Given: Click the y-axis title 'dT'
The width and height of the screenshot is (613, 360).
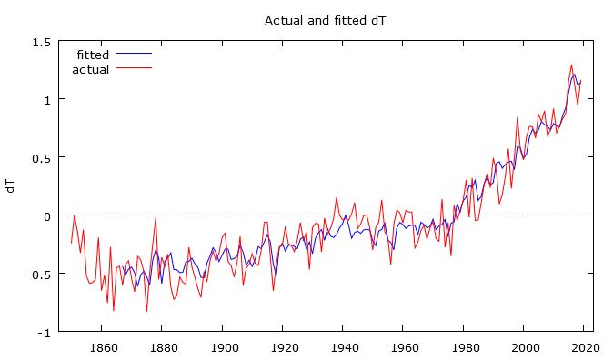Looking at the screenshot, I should coord(10,186).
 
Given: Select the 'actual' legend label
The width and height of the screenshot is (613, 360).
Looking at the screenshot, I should coord(90,69).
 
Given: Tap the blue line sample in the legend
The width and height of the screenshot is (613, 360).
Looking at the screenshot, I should coord(134,55).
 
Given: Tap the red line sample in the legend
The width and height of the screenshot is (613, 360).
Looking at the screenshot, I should coord(134,69).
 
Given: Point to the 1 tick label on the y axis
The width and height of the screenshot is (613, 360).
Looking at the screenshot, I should coord(45,99).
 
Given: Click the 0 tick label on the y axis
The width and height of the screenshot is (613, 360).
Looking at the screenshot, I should coord(45,215).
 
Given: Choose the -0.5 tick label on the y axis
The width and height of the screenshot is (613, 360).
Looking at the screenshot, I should coord(37,274).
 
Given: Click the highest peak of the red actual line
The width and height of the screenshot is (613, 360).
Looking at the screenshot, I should coord(571,65).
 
